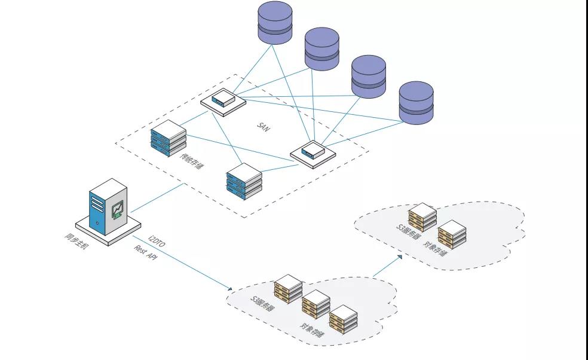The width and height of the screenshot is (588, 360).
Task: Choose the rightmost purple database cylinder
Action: tap(416, 103)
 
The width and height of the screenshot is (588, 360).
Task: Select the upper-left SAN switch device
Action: tap(223, 99)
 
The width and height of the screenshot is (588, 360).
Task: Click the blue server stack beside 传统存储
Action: tap(169, 138)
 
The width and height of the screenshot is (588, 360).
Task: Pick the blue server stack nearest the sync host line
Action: tap(244, 181)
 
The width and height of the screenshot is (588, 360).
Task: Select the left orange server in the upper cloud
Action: tap(422, 216)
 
